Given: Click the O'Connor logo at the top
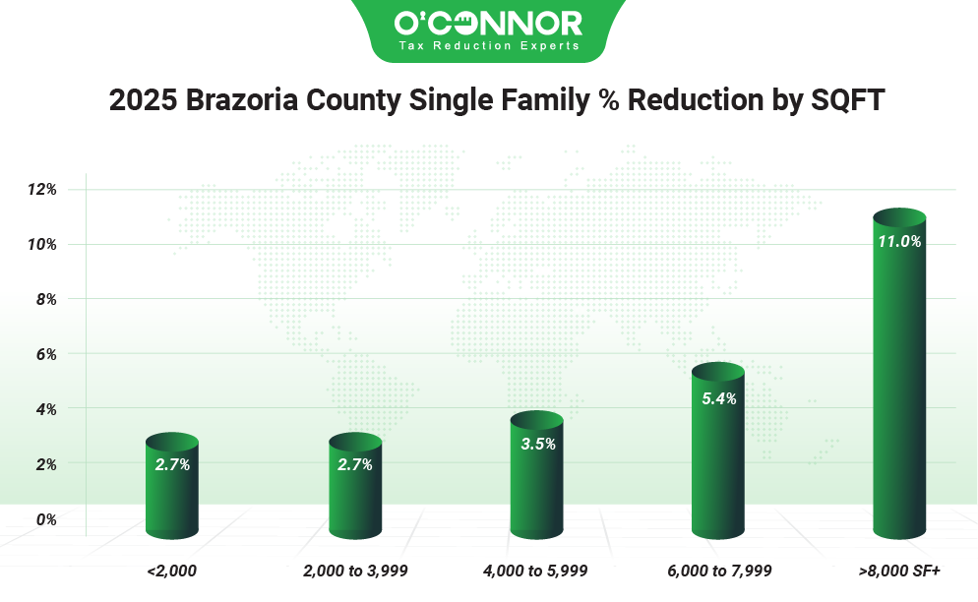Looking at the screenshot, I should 488,23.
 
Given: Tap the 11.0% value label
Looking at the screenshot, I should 899,240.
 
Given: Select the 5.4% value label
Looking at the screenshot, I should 717,398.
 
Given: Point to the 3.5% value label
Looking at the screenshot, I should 536,444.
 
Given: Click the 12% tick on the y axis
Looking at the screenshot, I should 41,189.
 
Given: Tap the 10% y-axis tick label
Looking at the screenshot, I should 41,244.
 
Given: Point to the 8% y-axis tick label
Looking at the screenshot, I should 45,299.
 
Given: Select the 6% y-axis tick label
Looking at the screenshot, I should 45,354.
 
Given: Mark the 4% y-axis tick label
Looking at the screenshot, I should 45,409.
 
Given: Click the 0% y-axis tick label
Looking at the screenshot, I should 45,519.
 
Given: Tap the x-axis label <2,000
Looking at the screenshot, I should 172,570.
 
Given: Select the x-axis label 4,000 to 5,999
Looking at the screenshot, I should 536,570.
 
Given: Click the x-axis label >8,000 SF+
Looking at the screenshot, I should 899,570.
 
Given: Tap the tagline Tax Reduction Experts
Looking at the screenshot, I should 488,46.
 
